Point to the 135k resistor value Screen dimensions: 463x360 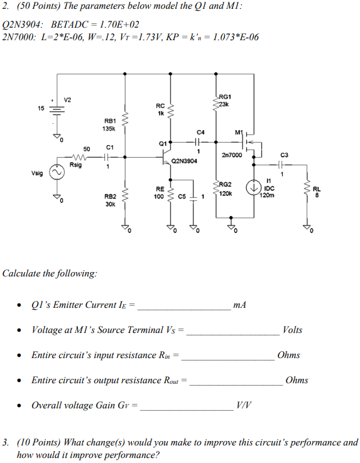pos(109,128)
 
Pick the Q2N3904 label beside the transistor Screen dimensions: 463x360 pos(184,161)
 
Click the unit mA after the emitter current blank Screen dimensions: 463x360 pos(239,305)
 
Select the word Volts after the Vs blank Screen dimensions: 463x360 pos(292,330)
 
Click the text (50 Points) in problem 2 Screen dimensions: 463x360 pos(39,8)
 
